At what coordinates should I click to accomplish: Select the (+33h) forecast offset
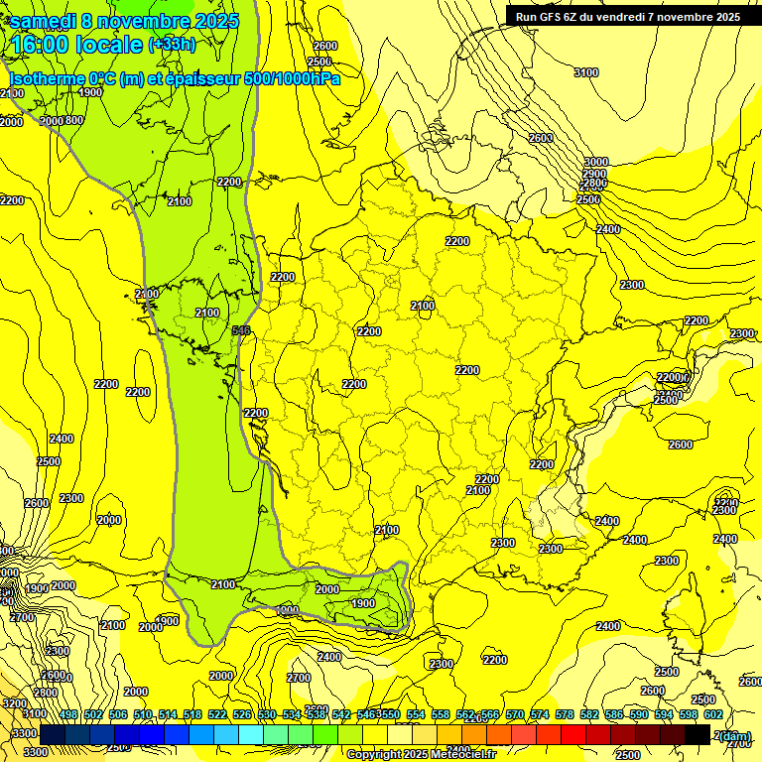[172, 45]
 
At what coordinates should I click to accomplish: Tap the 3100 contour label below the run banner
[586, 72]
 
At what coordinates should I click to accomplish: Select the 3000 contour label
[595, 162]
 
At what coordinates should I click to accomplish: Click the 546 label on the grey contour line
[240, 330]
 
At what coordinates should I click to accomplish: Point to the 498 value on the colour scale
[68, 715]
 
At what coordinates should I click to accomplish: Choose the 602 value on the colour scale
[712, 715]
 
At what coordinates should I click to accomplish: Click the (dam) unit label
[735, 736]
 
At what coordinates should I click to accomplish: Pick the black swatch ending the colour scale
[697, 734]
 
